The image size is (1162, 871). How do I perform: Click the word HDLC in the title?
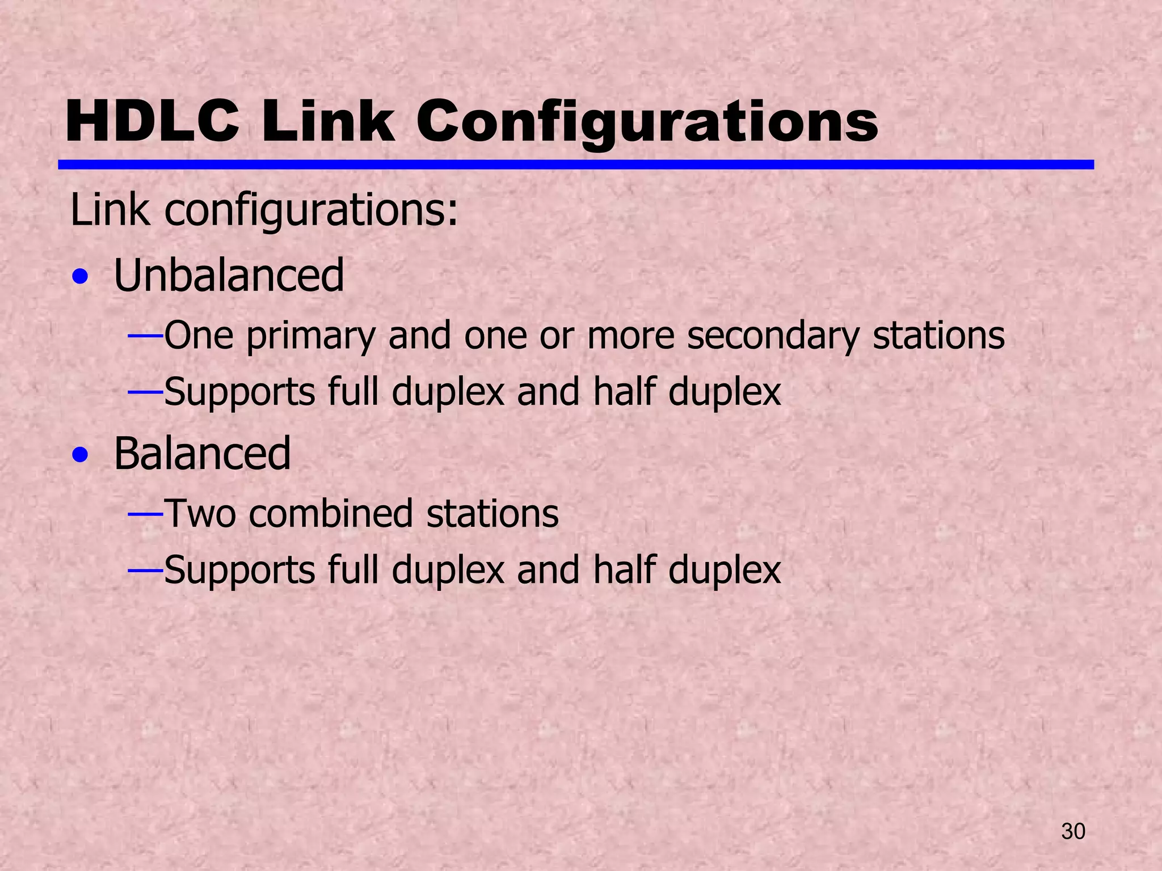click(152, 121)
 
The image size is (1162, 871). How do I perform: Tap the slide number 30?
click(1073, 831)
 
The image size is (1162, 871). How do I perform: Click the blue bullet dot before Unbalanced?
click(81, 278)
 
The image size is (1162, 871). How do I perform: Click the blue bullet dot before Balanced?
click(81, 455)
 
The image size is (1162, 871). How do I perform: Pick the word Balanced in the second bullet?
click(202, 453)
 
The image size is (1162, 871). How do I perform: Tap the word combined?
click(330, 514)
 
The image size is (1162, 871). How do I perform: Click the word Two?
click(200, 514)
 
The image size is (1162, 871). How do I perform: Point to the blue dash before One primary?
click(145, 336)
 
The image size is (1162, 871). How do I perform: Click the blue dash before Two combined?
click(145, 514)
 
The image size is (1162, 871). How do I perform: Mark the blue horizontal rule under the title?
click(575, 164)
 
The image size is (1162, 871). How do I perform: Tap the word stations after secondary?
click(938, 336)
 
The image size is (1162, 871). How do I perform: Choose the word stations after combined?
click(492, 514)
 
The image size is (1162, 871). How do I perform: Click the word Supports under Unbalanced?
click(239, 393)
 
